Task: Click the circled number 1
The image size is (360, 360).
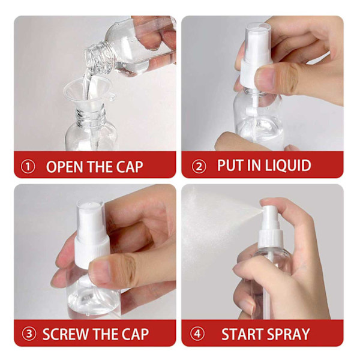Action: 28,167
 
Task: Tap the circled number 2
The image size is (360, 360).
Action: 199,167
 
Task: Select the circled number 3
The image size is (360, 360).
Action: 29,334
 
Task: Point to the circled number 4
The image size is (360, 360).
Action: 197,334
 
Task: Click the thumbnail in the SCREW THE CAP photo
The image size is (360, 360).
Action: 100,272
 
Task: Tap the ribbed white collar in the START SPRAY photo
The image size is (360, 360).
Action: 271,239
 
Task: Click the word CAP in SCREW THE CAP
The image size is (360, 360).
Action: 135,334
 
